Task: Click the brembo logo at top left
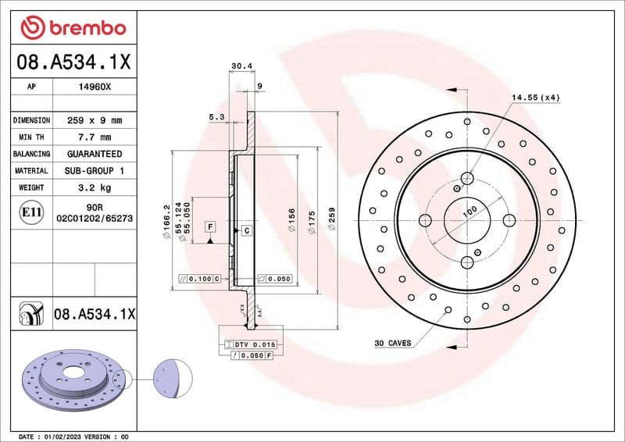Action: coord(73,28)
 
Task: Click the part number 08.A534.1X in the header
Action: coord(73,62)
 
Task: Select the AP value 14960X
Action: coord(95,88)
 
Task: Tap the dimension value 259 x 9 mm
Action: coord(95,121)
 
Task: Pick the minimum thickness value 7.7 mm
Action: coord(95,137)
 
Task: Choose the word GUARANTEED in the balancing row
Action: coord(95,154)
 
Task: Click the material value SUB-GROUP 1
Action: coord(95,170)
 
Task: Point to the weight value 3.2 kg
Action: coord(95,187)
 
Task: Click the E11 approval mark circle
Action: coord(33,212)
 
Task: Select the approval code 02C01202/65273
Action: coord(95,219)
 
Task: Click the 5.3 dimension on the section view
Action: coord(217,117)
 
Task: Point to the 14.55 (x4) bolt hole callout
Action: coord(536,98)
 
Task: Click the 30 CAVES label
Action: coord(392,343)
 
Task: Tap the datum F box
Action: coord(209,226)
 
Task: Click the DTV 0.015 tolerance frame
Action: coord(255,344)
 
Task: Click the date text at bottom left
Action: coord(72,436)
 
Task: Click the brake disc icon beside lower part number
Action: coord(30,315)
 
